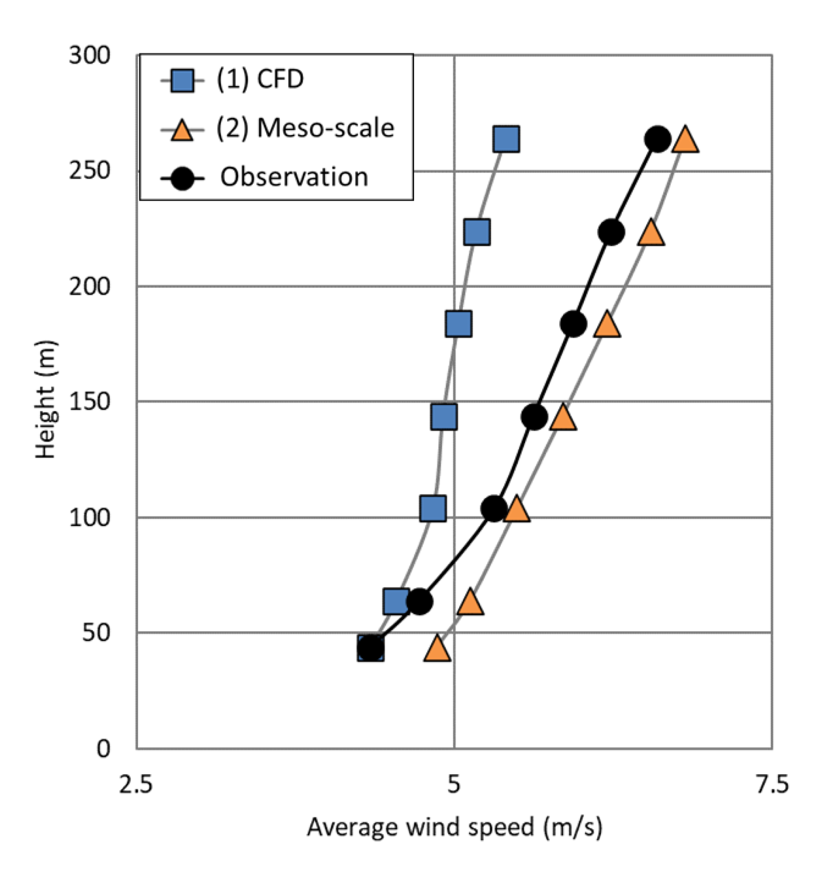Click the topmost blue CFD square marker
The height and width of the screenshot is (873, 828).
[x=506, y=139]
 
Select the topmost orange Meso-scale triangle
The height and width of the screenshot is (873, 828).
[x=685, y=139]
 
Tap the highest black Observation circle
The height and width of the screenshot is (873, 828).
[x=657, y=139]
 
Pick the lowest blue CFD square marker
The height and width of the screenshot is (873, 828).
[x=370, y=649]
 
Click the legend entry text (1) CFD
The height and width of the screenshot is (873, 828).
[x=260, y=79]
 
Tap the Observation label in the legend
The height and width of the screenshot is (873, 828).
[x=294, y=177]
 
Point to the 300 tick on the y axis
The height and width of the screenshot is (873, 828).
[x=90, y=55]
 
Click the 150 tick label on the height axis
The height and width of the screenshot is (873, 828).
[x=90, y=401]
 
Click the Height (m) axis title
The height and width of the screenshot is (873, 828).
[x=45, y=400]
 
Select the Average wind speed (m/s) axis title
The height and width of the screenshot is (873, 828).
[x=455, y=827]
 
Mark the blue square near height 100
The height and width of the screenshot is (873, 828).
[x=433, y=509]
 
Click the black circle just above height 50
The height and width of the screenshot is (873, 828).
[x=419, y=601]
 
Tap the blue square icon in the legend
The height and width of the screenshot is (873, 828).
[x=182, y=80]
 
